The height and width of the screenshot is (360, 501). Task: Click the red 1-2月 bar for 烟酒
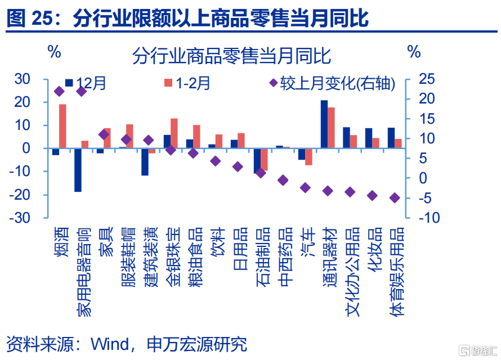tap(62, 127)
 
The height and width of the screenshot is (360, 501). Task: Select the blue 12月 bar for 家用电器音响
tap(78, 170)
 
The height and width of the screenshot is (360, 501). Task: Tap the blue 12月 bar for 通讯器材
tap(324, 124)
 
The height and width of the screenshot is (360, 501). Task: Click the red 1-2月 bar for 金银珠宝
tap(175, 133)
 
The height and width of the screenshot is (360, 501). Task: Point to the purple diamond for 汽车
tap(305, 187)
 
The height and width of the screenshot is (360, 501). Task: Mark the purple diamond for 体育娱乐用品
tap(395, 198)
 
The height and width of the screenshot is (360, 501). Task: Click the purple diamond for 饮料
tap(215, 161)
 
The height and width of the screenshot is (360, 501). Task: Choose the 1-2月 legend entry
tap(187, 84)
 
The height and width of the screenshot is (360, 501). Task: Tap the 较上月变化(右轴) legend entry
tap(332, 84)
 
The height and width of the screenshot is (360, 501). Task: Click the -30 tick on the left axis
tap(33, 218)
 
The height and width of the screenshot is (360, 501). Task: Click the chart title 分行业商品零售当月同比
tap(231, 56)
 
